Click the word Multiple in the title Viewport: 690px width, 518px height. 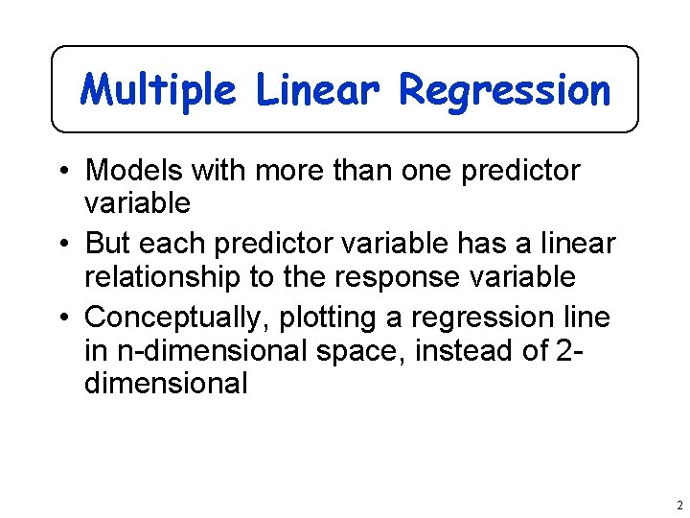(x=159, y=90)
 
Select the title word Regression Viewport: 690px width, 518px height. (x=504, y=90)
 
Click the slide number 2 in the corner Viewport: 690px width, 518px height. (x=677, y=506)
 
